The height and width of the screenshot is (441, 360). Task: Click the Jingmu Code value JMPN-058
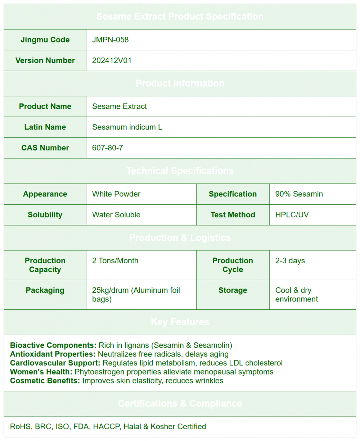pyautogui.click(x=110, y=40)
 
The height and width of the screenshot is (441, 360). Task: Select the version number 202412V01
pyautogui.click(x=112, y=60)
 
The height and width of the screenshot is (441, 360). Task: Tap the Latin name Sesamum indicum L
pyautogui.click(x=127, y=127)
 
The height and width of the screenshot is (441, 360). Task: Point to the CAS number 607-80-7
pyautogui.click(x=107, y=148)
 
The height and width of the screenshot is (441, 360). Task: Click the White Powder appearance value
pyautogui.click(x=116, y=194)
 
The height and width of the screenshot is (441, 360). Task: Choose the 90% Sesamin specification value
pyautogui.click(x=299, y=194)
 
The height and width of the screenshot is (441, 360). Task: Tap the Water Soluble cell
pyautogui.click(x=116, y=215)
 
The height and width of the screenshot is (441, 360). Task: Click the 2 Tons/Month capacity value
pyautogui.click(x=115, y=260)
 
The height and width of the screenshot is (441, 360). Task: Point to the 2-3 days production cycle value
pyautogui.click(x=290, y=260)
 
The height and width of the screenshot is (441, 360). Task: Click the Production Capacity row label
pyautogui.click(x=45, y=265)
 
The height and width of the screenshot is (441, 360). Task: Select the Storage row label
pyautogui.click(x=233, y=290)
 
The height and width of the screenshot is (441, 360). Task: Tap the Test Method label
pyautogui.click(x=233, y=215)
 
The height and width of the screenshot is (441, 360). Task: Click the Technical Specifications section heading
pyautogui.click(x=180, y=171)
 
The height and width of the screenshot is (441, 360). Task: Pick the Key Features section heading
pyautogui.click(x=180, y=322)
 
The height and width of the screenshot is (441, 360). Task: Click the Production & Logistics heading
pyautogui.click(x=180, y=238)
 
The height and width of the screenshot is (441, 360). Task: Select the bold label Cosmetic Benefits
pyautogui.click(x=45, y=381)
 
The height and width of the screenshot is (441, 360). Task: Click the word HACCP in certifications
pyautogui.click(x=107, y=427)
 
